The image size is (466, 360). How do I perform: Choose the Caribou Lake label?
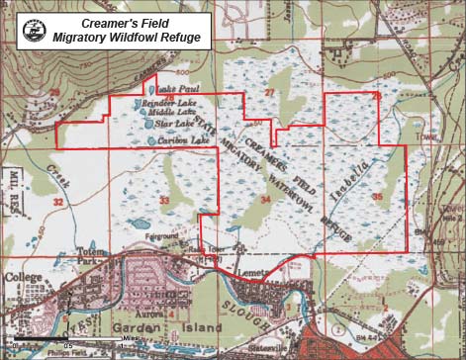point(179,141)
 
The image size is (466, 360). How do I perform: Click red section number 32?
point(57,202)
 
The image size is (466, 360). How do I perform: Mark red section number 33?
point(163,202)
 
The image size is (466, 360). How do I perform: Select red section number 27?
point(269,92)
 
